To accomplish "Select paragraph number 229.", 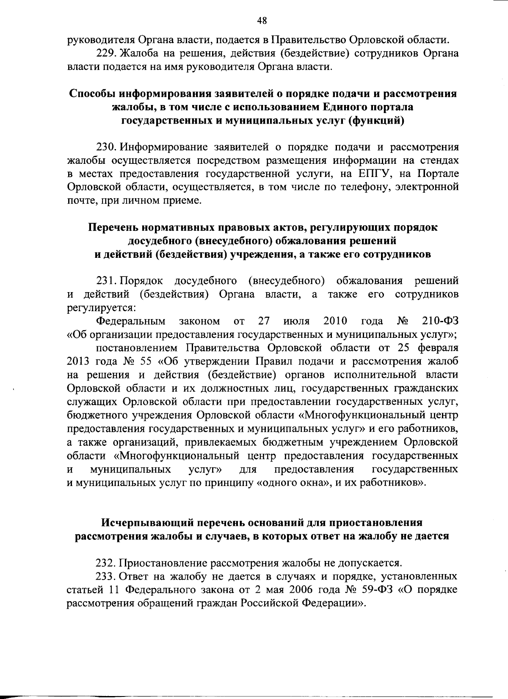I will pyautogui.click(x=105, y=54).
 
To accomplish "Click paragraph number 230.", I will pyautogui.click(x=106, y=147).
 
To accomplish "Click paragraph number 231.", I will pyautogui.click(x=106, y=281).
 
